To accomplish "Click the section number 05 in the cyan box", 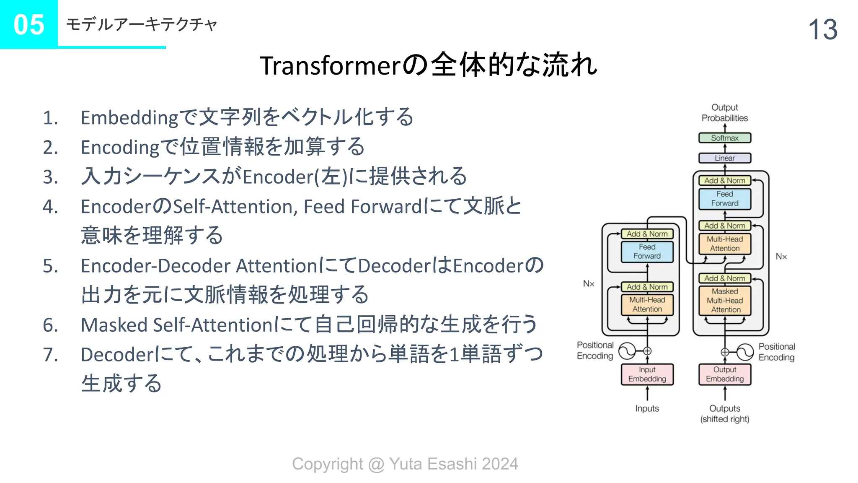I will click(28, 24).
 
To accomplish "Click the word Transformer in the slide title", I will click(331, 66).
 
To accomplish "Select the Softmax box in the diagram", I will click(724, 138).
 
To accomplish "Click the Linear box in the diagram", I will click(724, 158).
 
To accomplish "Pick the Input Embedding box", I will click(647, 374).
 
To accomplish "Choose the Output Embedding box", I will click(724, 374).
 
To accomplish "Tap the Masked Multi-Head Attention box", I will click(725, 300).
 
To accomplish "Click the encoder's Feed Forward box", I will click(647, 252).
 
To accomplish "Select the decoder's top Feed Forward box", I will click(724, 199).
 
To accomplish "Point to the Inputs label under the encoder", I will click(647, 408).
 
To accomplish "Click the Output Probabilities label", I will click(724, 113).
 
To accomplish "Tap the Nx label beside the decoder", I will click(781, 257).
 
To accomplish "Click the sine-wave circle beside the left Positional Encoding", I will click(627, 351).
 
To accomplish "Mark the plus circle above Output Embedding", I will click(725, 352).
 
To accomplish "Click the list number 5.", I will click(50, 266).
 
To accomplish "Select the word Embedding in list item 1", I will click(129, 118).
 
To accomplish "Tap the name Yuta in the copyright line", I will click(405, 464).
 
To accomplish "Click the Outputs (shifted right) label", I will click(724, 413).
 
